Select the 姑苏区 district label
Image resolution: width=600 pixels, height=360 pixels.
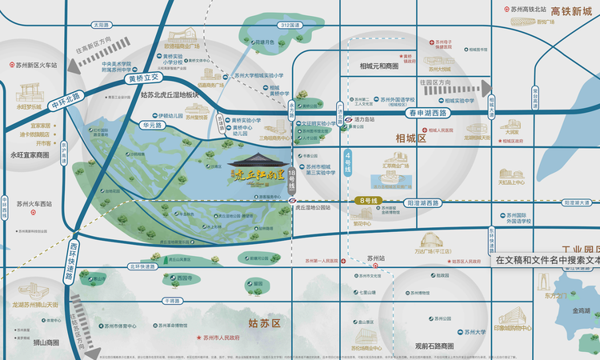265,323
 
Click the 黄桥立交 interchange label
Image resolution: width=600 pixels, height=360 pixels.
145,79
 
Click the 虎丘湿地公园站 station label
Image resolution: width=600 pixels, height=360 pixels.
322,206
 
